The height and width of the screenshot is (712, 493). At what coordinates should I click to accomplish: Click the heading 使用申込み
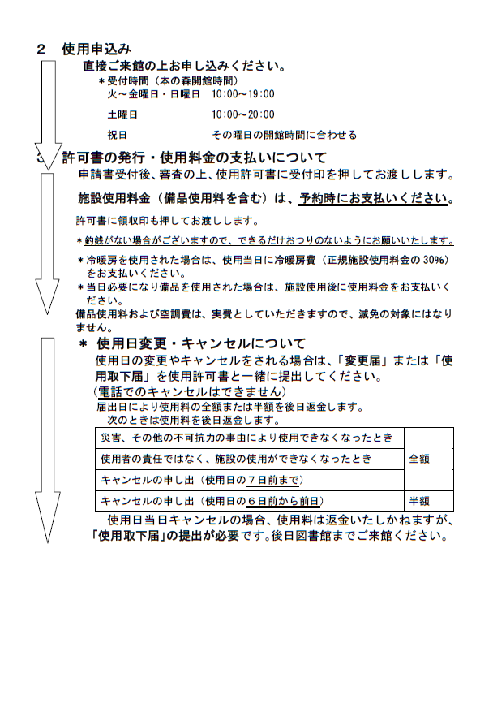96,50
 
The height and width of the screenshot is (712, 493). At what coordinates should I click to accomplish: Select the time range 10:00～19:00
242,95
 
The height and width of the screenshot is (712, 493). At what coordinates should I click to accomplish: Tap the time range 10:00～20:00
242,114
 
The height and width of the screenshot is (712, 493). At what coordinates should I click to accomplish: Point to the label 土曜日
122,114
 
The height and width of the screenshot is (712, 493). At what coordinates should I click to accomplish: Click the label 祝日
117,134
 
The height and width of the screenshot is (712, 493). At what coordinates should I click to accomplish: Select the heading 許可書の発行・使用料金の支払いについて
195,158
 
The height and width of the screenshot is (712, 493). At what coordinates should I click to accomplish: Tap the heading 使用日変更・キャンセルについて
200,343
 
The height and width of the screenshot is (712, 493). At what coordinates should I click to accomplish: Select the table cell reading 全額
419,459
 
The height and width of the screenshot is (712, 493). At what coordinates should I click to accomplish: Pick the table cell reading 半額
419,501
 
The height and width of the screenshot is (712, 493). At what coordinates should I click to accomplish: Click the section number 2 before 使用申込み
41,50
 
